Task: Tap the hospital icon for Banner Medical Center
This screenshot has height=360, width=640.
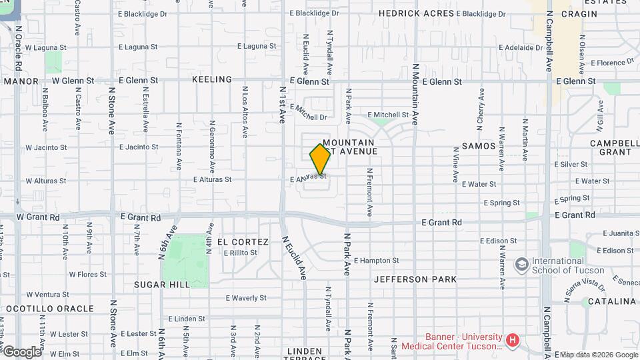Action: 512,341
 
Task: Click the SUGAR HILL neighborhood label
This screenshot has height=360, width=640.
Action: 162,285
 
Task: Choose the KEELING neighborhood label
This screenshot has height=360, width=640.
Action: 212,79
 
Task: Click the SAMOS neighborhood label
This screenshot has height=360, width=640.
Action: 479,146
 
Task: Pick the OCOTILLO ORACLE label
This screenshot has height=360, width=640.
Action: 50,309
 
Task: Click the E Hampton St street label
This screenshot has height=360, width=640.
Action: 376,261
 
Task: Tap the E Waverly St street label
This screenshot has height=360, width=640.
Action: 246,298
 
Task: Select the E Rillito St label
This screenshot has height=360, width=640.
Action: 240,253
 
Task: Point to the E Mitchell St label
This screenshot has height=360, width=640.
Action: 387,115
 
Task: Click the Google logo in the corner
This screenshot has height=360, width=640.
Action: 22,351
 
